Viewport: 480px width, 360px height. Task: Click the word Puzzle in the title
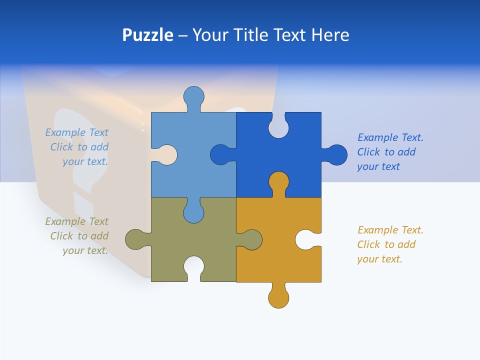click(x=147, y=35)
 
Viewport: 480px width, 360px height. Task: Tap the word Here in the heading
click(x=330, y=35)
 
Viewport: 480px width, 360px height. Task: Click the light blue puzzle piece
click(x=200, y=135)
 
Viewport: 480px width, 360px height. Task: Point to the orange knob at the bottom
click(x=278, y=297)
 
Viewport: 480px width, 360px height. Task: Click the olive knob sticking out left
click(x=135, y=239)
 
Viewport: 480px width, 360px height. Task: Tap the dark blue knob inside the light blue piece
click(x=220, y=155)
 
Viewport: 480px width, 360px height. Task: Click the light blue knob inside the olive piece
click(x=193, y=212)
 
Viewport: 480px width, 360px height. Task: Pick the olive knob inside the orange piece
click(x=252, y=239)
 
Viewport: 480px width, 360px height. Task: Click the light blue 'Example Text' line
click(x=76, y=132)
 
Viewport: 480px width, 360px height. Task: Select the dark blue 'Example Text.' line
click(x=390, y=137)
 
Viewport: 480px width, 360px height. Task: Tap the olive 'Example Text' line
click(x=76, y=221)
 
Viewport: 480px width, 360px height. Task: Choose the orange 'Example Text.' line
click(x=390, y=230)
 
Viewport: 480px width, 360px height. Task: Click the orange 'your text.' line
click(x=379, y=259)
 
